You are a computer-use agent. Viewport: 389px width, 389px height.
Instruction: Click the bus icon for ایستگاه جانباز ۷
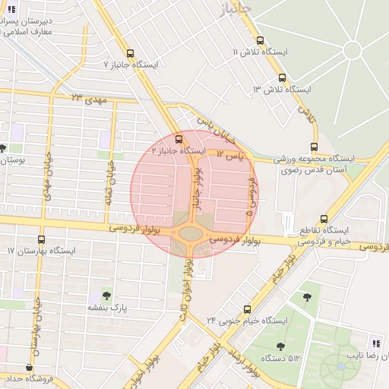tap(131, 54)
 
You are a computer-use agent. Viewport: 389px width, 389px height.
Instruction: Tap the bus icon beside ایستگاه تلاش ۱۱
tap(260, 41)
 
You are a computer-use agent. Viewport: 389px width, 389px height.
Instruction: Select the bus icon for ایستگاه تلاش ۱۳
tap(282, 77)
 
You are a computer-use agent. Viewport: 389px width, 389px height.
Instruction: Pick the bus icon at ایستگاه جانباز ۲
tap(179, 139)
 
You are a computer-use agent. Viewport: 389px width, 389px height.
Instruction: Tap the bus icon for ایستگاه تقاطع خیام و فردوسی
tap(324, 218)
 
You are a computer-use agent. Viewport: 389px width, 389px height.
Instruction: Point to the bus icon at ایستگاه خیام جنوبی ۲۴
tap(247, 309)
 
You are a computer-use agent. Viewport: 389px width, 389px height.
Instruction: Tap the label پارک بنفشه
tap(106, 308)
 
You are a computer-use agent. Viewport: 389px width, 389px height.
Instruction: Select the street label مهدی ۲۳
tap(87, 99)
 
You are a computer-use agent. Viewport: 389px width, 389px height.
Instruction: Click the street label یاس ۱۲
tap(231, 155)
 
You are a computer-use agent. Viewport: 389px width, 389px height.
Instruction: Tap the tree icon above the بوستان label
tap(4, 148)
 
